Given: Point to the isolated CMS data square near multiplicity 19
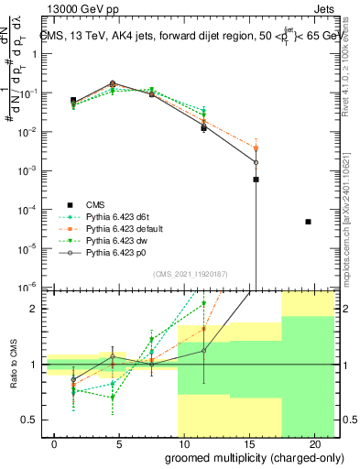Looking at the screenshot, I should click(x=309, y=222).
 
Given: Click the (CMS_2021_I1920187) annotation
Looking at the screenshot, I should click(x=190, y=273).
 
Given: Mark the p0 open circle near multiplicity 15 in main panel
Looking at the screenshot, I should click(x=256, y=162).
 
